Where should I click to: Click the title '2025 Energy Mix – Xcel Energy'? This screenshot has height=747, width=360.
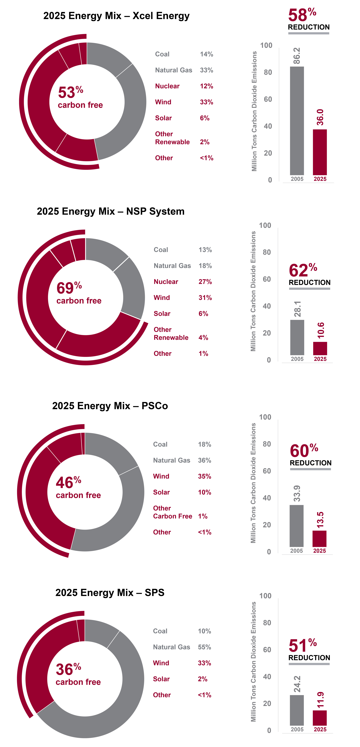pos(116,16)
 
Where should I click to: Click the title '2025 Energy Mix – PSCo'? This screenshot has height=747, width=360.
pos(110,406)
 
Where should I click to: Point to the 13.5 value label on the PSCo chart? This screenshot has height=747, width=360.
pos(320,520)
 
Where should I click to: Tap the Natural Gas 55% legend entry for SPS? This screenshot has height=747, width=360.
pos(182,647)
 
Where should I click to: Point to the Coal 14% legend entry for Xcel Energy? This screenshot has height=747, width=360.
pos(184,54)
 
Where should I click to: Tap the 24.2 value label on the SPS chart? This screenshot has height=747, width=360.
pos(297,684)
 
